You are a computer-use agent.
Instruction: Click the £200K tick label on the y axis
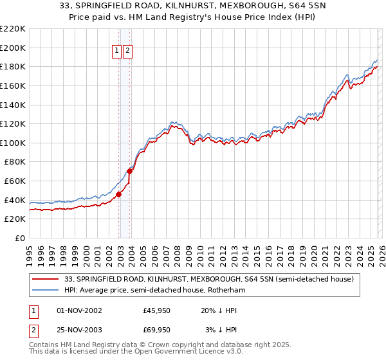(x=12, y=48)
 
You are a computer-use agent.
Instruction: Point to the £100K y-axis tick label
(x=12, y=143)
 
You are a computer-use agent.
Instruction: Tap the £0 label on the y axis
(x=19, y=238)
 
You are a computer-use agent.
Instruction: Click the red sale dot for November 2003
(x=130, y=171)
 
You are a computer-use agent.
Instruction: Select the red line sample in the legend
(x=46, y=280)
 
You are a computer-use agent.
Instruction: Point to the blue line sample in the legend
(x=46, y=291)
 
